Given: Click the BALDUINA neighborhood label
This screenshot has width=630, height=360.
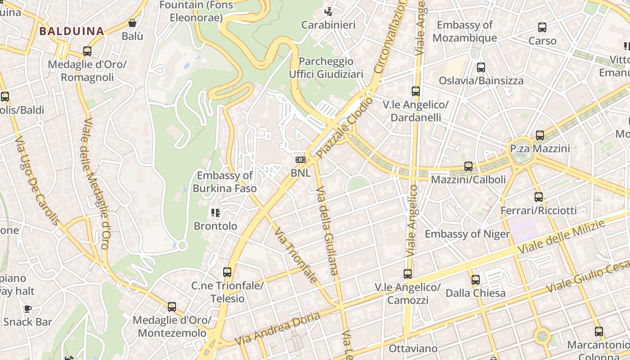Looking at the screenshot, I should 72,31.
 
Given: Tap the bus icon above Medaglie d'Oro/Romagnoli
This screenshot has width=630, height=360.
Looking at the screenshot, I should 87,51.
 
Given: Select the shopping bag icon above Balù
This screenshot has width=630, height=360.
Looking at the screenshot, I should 132,23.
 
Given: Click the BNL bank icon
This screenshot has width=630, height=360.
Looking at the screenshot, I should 300,160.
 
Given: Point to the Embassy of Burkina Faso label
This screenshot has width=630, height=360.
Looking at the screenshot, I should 225,182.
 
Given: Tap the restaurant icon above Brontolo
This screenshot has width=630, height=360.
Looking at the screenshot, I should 215,212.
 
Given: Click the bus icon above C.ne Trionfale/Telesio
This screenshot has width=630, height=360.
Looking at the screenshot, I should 227,272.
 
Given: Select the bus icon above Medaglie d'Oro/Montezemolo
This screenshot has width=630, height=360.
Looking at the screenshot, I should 172,307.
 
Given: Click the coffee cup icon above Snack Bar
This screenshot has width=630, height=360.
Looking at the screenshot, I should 28,309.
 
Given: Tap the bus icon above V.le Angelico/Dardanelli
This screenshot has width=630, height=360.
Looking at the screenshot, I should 416,91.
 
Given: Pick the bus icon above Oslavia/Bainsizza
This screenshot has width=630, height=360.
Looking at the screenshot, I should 481,67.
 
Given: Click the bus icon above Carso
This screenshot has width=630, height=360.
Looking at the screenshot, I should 542,27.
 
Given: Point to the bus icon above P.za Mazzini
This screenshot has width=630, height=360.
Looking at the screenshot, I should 540,135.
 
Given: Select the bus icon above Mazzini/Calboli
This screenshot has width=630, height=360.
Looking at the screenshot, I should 468,166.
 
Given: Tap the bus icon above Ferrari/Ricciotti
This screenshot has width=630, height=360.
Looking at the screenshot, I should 539,197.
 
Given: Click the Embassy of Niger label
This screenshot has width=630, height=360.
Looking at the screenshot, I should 467,234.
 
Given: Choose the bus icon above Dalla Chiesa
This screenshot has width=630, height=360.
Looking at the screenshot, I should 476,280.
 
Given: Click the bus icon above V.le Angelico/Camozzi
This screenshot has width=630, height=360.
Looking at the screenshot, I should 408,274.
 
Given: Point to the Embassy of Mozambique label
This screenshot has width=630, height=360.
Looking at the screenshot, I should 464,31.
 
